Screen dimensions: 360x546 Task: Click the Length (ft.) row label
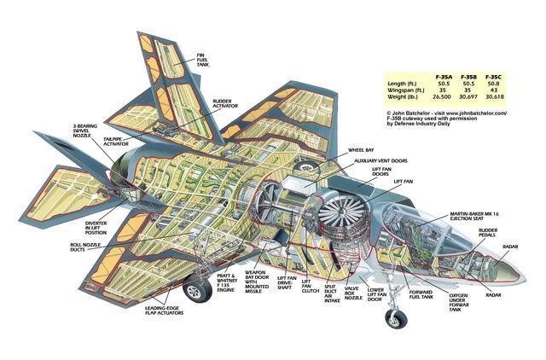pos(404,84)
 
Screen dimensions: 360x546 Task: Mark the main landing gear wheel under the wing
pos(195,293)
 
